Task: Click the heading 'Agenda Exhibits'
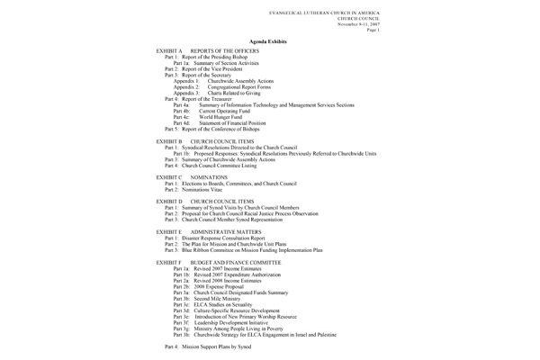pyautogui.click(x=269, y=42)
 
